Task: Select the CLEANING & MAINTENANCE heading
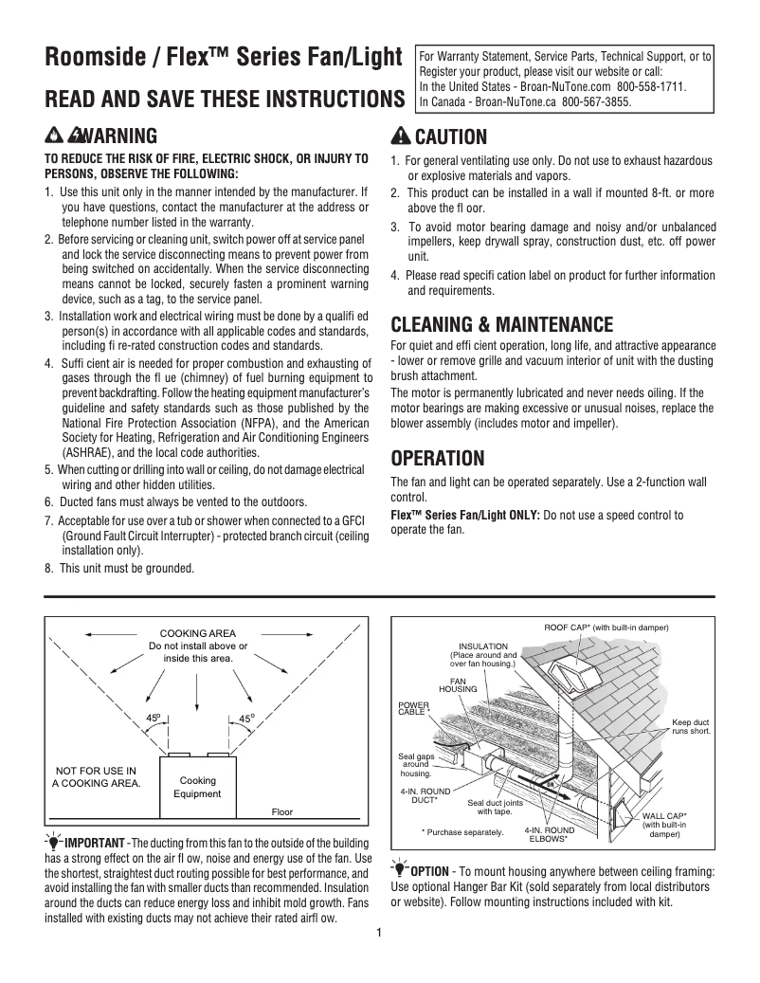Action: [502, 325]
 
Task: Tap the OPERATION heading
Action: [438, 459]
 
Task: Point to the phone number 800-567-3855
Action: [596, 102]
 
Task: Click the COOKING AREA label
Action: [197, 633]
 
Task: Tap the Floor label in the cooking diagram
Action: [282, 812]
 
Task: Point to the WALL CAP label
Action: [664, 825]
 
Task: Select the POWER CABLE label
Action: [413, 708]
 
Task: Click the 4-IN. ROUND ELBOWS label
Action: [548, 834]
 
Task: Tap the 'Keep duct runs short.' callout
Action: [691, 726]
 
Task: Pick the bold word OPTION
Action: [429, 871]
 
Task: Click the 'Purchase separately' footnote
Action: [462, 831]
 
